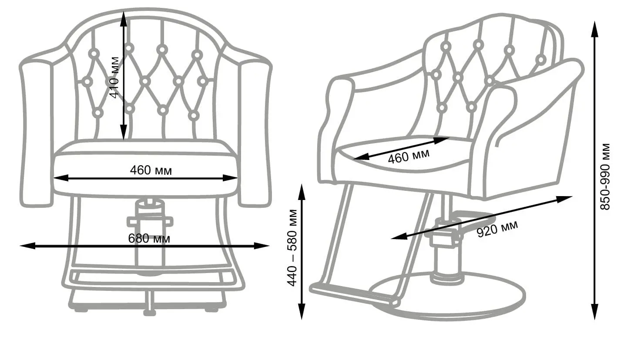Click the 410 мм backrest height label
(x=115, y=77)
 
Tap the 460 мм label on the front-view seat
(x=151, y=170)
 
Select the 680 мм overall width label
(x=149, y=238)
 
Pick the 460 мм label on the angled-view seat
(x=408, y=156)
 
